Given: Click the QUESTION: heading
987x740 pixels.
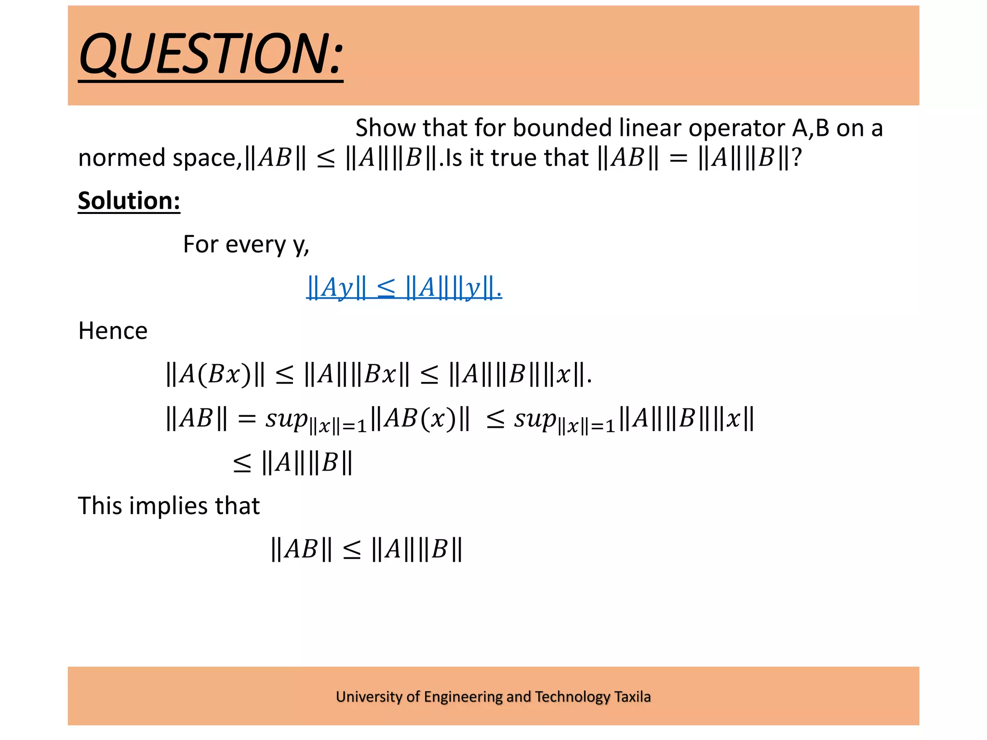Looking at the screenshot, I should coord(211,54).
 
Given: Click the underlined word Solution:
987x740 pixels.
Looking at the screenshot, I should coord(129,200).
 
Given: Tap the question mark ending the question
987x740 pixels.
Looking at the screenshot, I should coord(797,158).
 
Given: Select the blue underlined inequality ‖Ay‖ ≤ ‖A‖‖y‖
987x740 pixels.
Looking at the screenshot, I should coord(404,288).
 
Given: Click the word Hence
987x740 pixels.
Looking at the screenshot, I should coord(113,331).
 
